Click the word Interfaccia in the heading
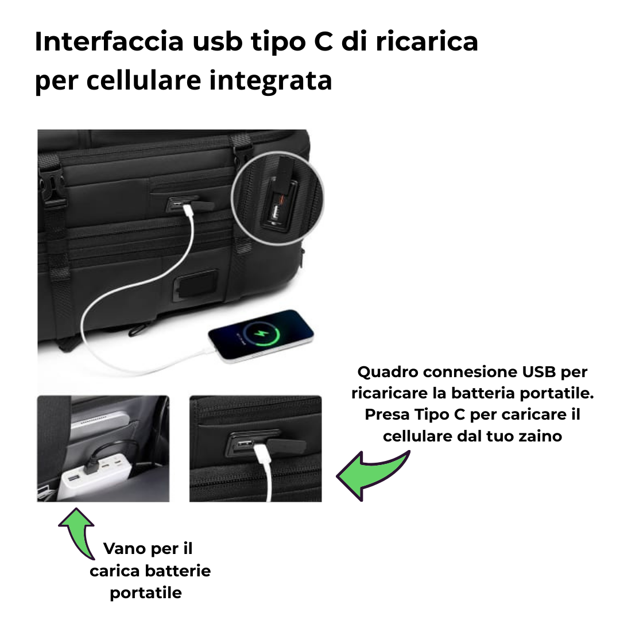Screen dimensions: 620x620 109,41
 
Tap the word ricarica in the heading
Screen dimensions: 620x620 427,41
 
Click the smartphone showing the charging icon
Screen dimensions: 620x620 261,335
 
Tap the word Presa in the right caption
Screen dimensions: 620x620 387,415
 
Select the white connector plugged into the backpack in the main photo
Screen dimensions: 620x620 187,210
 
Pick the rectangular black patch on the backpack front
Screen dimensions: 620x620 196,285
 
